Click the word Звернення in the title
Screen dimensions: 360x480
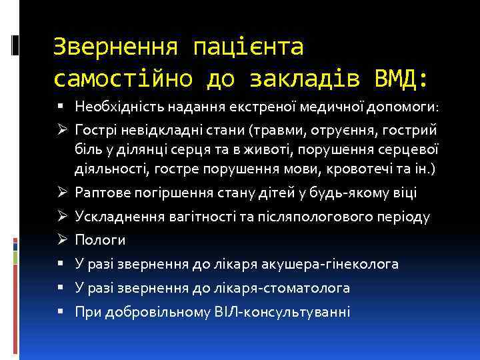pos(115,47)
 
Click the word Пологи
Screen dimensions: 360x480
pos(100,240)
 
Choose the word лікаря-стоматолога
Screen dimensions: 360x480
pos(293,288)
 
